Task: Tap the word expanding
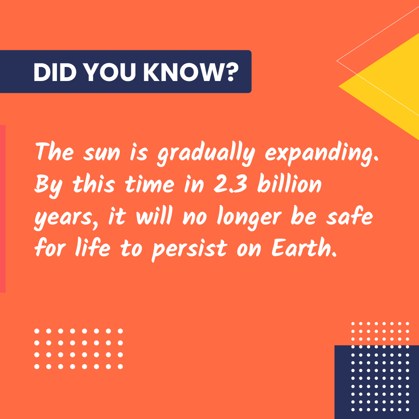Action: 321,154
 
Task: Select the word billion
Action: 289,185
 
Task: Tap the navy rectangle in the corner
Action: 376,382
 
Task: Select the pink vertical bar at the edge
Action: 2,208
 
